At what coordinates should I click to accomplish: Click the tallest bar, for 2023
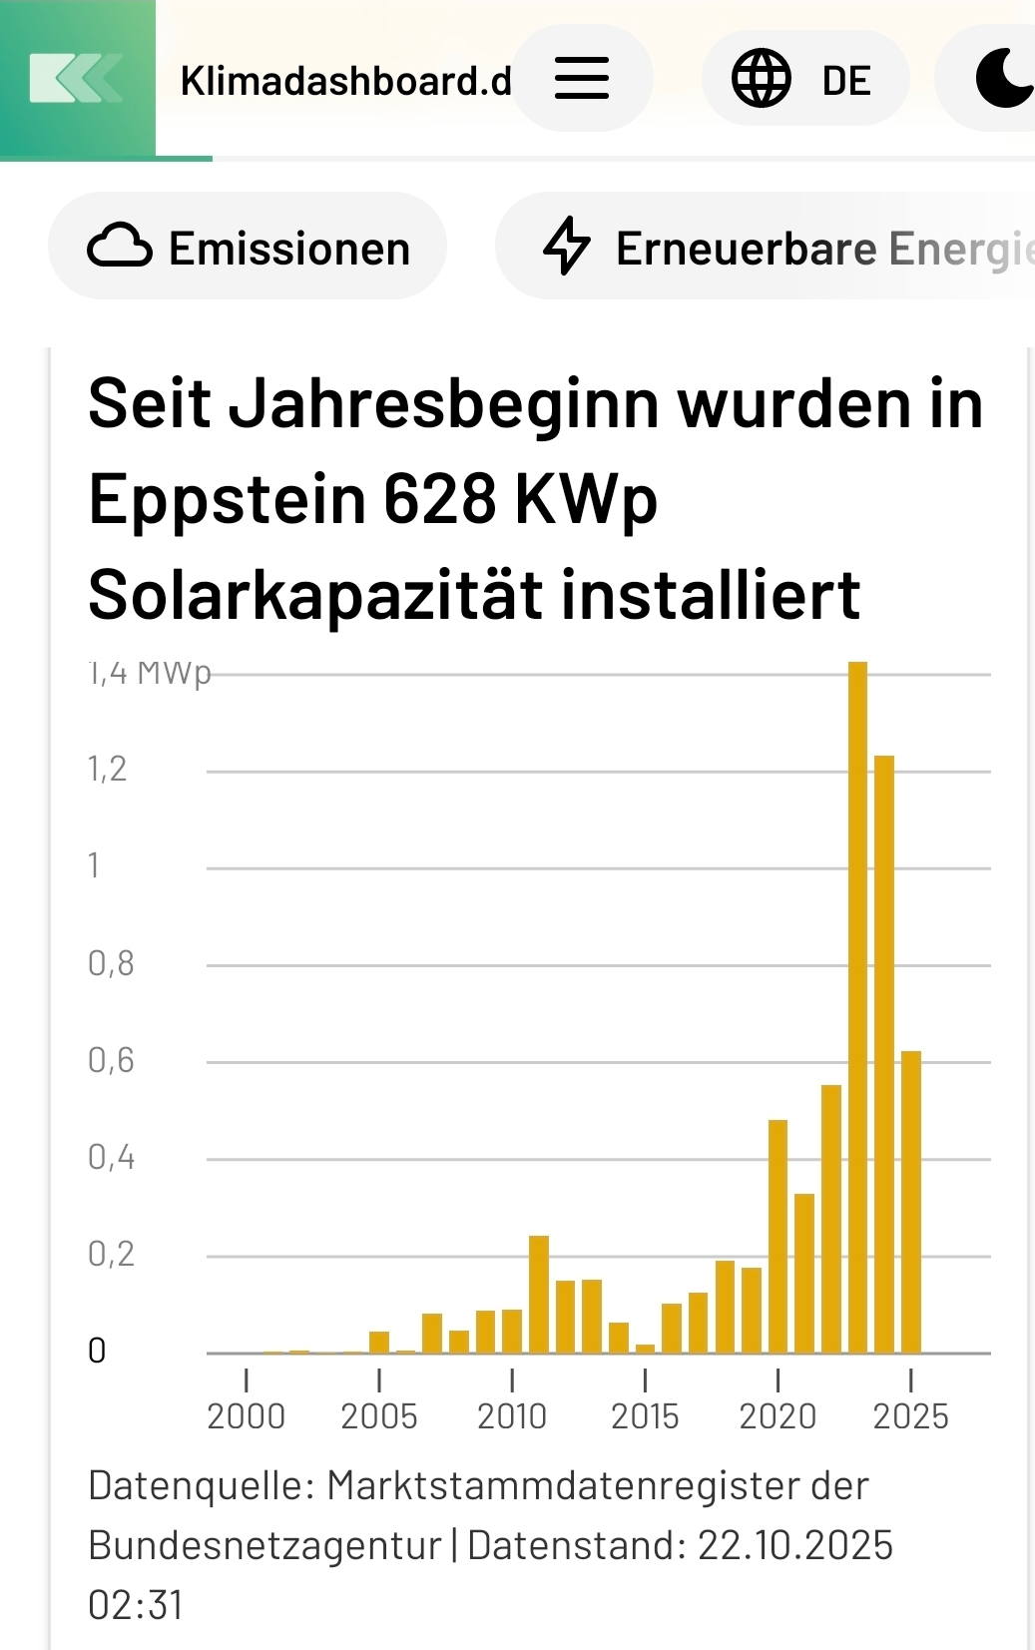(857, 1008)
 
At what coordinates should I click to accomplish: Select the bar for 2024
(884, 1054)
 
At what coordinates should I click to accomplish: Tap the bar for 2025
(911, 1202)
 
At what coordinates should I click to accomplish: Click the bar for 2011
(539, 1294)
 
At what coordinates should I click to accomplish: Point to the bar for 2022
(831, 1219)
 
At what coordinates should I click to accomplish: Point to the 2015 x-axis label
(645, 1416)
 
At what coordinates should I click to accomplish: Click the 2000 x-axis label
(246, 1416)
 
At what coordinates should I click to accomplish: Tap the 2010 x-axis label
(512, 1416)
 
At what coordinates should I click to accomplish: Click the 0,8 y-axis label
(111, 963)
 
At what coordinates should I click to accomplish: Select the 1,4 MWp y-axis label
(150, 674)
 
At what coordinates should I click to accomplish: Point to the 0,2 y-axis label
(111, 1254)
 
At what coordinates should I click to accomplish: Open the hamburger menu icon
(582, 78)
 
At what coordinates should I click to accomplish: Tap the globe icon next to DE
(762, 78)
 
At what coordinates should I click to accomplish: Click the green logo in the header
(77, 79)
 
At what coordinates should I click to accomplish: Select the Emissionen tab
(248, 248)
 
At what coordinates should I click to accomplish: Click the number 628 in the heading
(439, 498)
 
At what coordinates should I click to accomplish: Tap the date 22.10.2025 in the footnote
(794, 1545)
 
